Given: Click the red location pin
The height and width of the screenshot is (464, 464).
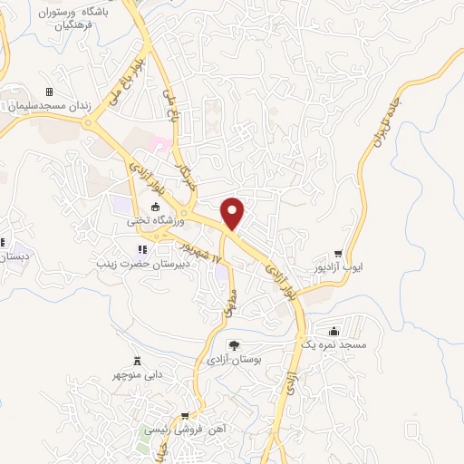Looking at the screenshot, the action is point(234,212).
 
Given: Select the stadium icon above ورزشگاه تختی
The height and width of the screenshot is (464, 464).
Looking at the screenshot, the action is point(155,208).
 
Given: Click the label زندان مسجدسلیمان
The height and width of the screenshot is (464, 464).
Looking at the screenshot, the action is point(49,106).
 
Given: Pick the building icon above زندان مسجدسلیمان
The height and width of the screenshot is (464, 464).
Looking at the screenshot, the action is point(49,92).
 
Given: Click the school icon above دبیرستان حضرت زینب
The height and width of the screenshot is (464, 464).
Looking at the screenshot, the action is point(140,250).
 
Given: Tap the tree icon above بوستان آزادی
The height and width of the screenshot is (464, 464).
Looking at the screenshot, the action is point(235,345).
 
